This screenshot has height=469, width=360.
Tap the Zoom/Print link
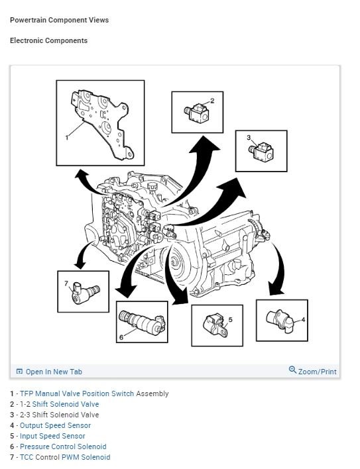317,372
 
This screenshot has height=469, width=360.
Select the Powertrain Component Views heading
59,20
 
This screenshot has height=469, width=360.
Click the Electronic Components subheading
49,40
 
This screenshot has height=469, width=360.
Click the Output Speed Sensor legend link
56,425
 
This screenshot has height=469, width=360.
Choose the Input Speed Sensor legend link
52,436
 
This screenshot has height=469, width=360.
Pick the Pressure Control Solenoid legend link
63,446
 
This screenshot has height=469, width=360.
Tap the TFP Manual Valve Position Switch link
77,393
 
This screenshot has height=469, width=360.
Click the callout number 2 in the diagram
212,101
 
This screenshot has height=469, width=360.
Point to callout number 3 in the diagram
249,137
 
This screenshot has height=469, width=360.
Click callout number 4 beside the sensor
303,320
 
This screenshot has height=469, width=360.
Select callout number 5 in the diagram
230,320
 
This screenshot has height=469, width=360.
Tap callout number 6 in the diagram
121,337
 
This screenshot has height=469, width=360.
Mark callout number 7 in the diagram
66,284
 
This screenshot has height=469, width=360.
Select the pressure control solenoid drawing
142,323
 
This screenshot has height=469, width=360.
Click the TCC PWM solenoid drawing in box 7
86,292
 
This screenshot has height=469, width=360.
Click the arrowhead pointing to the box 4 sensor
275,289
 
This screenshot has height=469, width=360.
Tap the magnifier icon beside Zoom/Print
292,370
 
